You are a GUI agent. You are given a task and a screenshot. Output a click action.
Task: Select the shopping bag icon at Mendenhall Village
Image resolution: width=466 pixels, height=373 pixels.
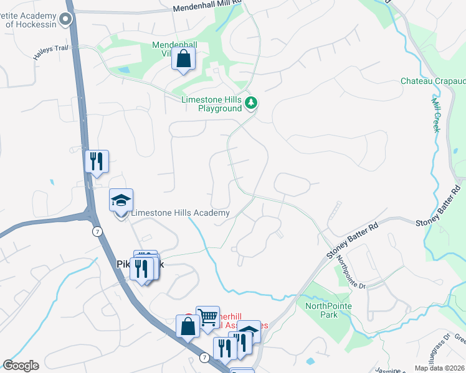click(184, 60)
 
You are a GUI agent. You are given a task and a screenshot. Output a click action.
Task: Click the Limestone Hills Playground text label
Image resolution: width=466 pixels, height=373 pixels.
click(211, 104)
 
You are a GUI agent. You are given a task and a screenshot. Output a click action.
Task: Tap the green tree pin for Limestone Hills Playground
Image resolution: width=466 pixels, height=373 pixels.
click(251, 103)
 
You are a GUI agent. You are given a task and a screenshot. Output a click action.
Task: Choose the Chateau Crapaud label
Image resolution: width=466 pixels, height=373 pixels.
click(434, 81)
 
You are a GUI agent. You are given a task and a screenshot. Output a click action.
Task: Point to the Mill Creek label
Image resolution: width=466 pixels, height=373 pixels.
click(436, 114)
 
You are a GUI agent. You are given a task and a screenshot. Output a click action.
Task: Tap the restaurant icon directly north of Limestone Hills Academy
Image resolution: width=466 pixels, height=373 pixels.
click(97, 161)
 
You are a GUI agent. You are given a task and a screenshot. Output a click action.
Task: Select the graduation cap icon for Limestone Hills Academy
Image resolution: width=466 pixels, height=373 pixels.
click(121, 200)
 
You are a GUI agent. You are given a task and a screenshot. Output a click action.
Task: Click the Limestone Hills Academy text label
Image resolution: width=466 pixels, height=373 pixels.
click(180, 213)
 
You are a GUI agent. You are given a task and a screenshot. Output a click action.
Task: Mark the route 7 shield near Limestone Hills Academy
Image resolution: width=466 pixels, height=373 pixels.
click(97, 231)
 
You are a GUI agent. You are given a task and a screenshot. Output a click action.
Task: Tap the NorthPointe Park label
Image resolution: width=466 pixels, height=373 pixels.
click(328, 310)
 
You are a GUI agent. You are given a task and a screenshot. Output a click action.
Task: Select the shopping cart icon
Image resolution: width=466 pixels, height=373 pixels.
click(207, 317)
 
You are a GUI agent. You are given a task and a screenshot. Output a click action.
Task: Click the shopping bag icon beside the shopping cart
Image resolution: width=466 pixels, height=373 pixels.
click(188, 326)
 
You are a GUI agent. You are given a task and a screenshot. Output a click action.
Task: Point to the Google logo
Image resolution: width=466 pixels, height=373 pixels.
click(21, 366)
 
